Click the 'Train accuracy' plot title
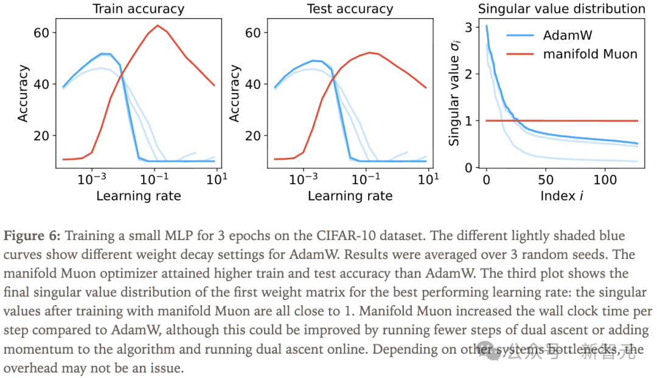tap(138, 9)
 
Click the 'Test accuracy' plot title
tap(350, 9)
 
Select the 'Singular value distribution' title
tap(561, 9)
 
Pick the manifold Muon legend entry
tap(590, 54)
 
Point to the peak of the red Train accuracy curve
tap(157, 26)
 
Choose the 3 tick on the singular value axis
tap(468, 27)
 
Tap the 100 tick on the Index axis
tap(605, 180)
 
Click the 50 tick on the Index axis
tap(546, 180)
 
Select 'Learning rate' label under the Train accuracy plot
tap(138, 196)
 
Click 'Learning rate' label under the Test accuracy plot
tap(350, 196)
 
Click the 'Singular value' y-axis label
tap(453, 97)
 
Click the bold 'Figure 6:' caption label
tap(33, 235)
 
